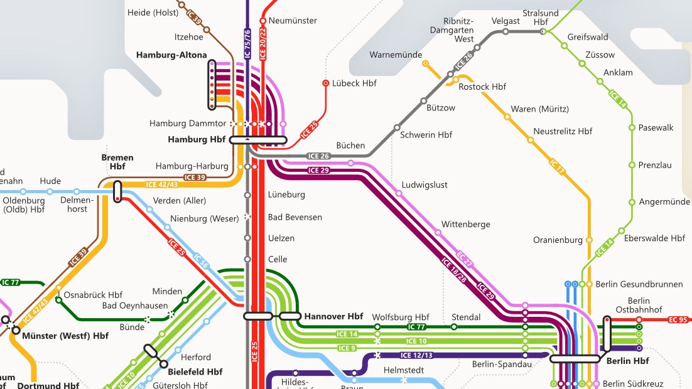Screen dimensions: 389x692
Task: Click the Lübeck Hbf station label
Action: pyautogui.click(x=354, y=83)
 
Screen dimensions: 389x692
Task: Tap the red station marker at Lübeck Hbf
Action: pyautogui.click(x=326, y=83)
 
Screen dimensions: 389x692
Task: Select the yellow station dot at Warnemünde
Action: pyautogui.click(x=426, y=63)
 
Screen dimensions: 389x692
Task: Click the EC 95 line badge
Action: pyautogui.click(x=678, y=320)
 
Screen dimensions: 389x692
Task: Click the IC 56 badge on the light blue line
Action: pyautogui.click(x=202, y=261)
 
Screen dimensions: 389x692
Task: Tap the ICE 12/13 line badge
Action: pyautogui.click(x=416, y=355)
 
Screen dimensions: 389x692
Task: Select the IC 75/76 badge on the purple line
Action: pyautogui.click(x=247, y=44)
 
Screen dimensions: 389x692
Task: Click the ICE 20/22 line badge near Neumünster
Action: pyautogui.click(x=262, y=44)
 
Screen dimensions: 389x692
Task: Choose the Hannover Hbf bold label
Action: pyautogui.click(x=333, y=316)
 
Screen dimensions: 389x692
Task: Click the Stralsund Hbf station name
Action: pyautogui.click(x=541, y=17)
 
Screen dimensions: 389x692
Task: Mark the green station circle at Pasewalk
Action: pyautogui.click(x=632, y=127)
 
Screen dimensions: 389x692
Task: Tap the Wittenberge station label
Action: pyautogui.click(x=466, y=224)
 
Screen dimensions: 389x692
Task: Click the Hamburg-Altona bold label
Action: pyautogui.click(x=171, y=55)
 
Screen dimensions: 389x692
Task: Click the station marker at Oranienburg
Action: pyautogui.click(x=589, y=240)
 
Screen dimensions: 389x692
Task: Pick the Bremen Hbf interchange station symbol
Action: pyautogui.click(x=117, y=191)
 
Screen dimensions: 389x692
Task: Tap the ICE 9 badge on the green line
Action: pyautogui.click(x=347, y=348)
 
